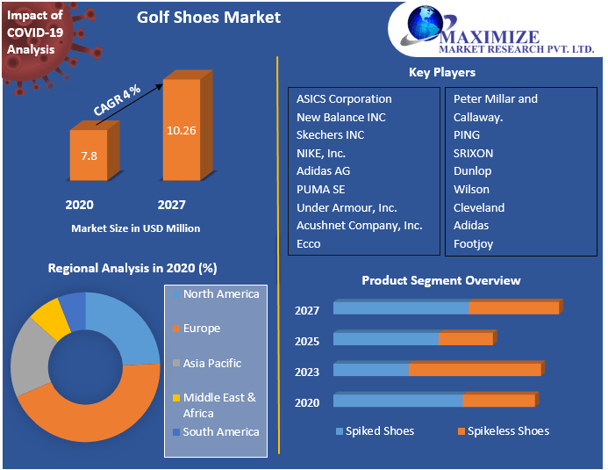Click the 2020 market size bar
coord(89,156)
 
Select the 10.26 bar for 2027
coord(182,130)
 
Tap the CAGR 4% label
coord(118,102)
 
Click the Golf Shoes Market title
coord(209,18)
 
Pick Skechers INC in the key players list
coord(330,135)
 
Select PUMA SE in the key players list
coord(320,189)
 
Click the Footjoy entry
coord(473,243)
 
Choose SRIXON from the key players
coord(473,153)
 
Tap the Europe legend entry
coord(201,329)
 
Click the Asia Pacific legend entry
coord(211,363)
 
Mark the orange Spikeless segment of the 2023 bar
coord(474,370)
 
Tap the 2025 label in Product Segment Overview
coord(307,341)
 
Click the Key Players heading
coord(442,72)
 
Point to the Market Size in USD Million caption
coord(135,228)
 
